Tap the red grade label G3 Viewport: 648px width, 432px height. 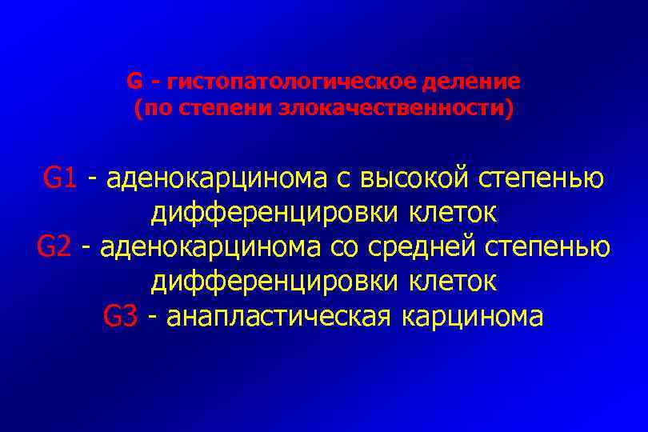click(x=122, y=316)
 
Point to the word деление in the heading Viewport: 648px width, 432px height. click(x=476, y=82)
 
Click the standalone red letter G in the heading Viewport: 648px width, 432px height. click(x=134, y=82)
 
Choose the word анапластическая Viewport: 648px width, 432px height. click(x=280, y=316)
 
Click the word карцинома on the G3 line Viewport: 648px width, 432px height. click(x=473, y=316)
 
